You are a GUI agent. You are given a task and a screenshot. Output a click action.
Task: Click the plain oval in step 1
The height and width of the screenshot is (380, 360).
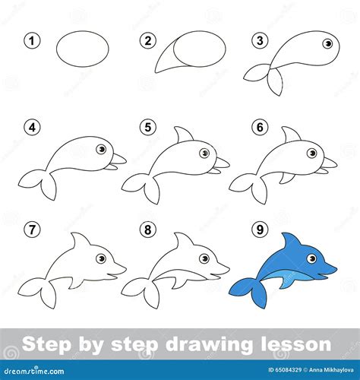coord(83,47)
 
